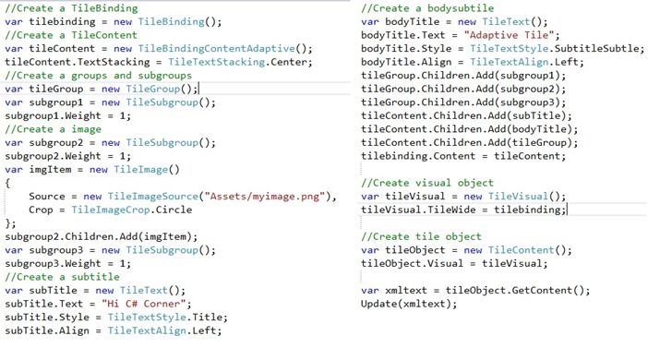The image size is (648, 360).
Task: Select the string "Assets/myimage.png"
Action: click(x=267, y=197)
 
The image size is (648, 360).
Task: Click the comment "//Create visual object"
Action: click(x=427, y=183)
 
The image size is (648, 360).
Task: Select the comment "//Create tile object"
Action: click(x=421, y=236)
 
